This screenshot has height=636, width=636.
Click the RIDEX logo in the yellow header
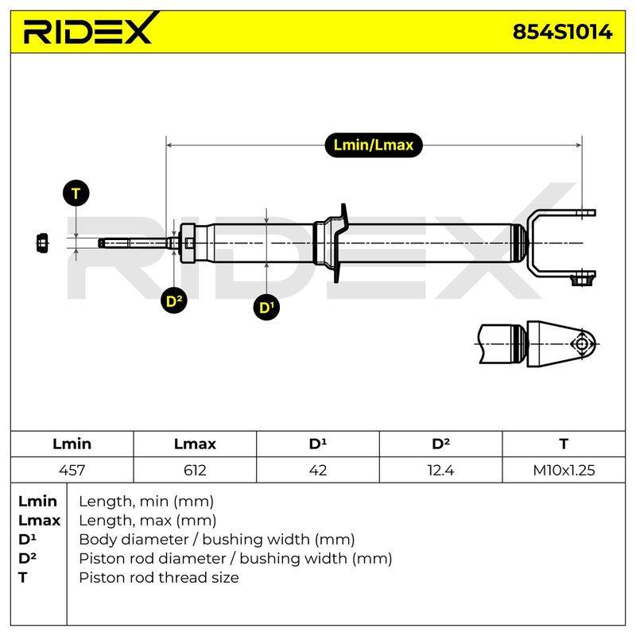(88, 29)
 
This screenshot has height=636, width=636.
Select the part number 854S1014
(562, 32)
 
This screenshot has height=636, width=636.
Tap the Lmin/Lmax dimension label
(373, 145)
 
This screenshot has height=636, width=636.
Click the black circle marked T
(76, 193)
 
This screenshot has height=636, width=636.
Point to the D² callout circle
(173, 301)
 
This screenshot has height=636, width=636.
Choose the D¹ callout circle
(266, 307)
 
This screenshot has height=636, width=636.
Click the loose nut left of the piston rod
(42, 243)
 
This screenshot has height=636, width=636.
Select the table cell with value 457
(72, 470)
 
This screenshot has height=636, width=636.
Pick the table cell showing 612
(195, 470)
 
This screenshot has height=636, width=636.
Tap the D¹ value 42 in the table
(318, 470)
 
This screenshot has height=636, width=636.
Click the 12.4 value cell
(441, 470)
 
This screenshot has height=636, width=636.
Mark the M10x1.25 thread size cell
(564, 470)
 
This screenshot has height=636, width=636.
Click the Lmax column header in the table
(195, 444)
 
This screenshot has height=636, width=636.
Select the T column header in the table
(564, 444)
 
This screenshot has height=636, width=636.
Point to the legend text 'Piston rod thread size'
(159, 577)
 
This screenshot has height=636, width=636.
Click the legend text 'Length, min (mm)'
(146, 502)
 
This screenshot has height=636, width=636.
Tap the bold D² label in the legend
(27, 558)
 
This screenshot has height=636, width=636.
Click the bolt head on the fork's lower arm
(582, 280)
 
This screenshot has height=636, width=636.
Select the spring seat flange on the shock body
(340, 243)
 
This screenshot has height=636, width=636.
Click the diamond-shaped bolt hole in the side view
(582, 344)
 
